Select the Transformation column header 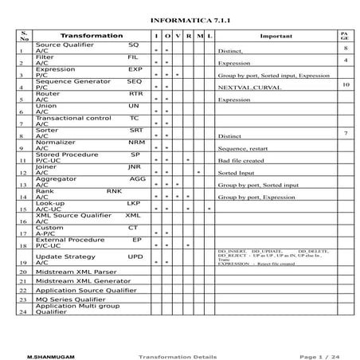pos(92,37)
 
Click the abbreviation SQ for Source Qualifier pos(133,45)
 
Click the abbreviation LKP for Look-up pos(134,203)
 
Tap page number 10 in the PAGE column pos(346,84)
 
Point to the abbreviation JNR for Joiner pos(134,167)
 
